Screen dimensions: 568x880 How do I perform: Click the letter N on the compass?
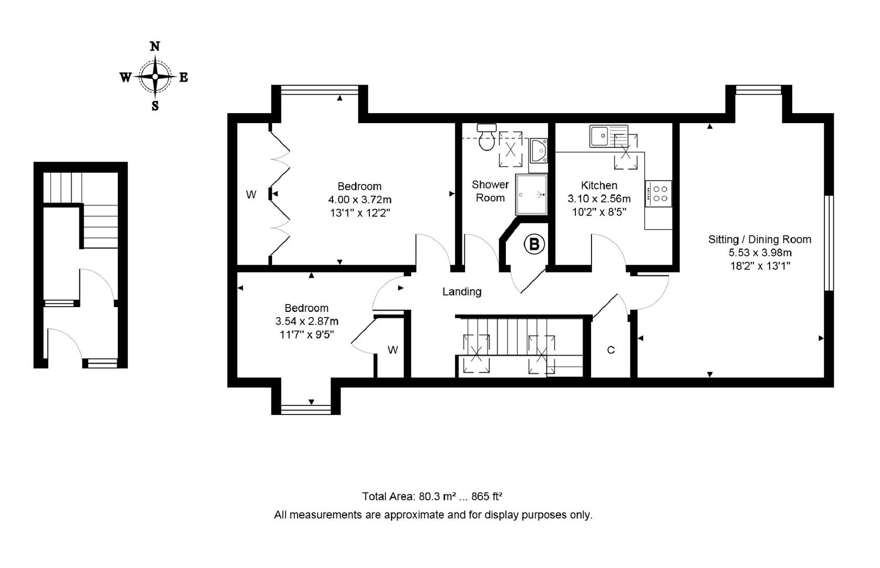(x=155, y=46)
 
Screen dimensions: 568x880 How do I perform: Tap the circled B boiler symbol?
(x=534, y=244)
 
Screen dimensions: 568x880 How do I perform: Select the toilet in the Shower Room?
(x=487, y=139)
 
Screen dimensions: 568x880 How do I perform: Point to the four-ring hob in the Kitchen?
(x=659, y=193)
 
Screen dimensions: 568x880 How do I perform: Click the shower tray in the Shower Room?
(x=531, y=195)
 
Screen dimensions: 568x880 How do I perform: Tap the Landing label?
(x=462, y=291)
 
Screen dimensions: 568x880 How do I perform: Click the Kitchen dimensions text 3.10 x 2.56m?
(x=599, y=199)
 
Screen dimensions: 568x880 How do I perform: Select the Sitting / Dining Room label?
(x=760, y=240)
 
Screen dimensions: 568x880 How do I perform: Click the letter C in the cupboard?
(x=610, y=350)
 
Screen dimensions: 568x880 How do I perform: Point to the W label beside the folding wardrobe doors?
(x=251, y=195)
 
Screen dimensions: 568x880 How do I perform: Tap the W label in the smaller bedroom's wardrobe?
(x=392, y=350)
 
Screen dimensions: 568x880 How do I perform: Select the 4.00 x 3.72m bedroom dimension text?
(x=359, y=200)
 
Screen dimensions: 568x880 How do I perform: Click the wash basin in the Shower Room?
(x=539, y=151)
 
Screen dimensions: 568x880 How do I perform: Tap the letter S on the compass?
(x=155, y=106)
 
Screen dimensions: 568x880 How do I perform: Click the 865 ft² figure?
(x=486, y=496)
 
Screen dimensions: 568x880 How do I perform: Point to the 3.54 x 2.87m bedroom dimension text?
(x=306, y=321)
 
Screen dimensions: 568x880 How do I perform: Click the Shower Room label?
(x=490, y=191)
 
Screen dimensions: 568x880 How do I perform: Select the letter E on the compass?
(x=183, y=78)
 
